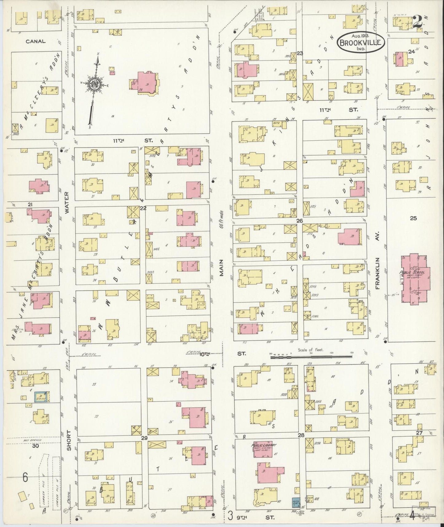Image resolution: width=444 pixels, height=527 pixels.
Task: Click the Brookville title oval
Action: point(362,42)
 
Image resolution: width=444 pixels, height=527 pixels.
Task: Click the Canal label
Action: point(36,41)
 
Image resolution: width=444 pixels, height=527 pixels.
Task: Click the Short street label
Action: point(69,441)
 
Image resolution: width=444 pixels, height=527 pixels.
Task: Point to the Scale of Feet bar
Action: point(311,356)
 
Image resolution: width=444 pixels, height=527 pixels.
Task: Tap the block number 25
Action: point(413,218)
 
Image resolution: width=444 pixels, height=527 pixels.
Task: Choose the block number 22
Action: point(143,208)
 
